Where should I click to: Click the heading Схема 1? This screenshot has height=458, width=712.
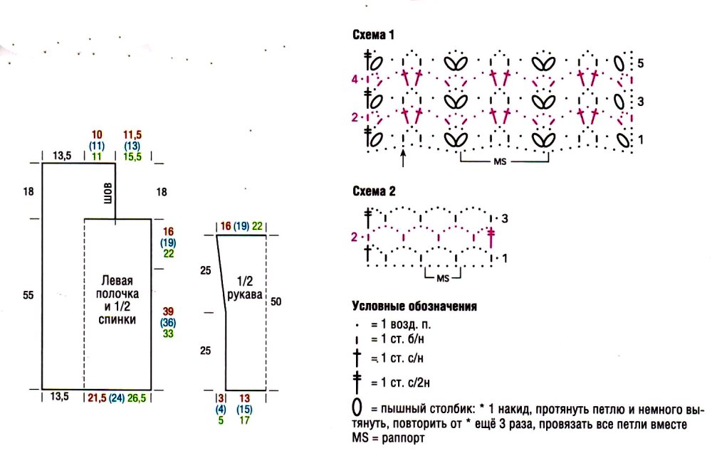point(373,35)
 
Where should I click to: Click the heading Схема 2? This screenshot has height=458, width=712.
point(374,191)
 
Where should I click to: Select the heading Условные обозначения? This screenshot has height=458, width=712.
point(414,307)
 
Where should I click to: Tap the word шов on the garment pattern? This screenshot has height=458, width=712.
point(108,193)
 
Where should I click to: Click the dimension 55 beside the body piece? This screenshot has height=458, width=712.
point(28,295)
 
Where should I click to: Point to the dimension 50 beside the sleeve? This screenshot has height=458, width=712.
point(276,302)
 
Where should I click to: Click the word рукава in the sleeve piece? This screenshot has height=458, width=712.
point(245,294)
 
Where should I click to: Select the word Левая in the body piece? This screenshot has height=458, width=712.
point(117,280)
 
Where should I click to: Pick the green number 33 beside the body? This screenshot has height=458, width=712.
point(168,334)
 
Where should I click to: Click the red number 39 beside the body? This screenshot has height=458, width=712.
point(168,311)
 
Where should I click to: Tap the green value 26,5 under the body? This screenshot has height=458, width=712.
point(137,398)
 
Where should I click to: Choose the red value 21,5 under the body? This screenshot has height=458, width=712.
point(97,398)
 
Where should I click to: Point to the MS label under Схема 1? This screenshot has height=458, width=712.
point(500,161)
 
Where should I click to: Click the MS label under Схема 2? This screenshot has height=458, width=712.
point(443,279)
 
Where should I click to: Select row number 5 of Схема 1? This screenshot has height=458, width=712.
point(640,63)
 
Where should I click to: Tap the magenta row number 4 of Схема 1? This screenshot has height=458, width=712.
point(355,80)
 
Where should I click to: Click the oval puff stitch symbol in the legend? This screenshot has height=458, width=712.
point(357,408)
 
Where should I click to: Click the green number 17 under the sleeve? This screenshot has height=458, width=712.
point(244,420)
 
